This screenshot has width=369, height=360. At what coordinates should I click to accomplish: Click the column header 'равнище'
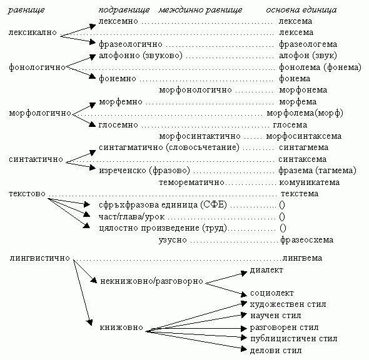click(26, 11)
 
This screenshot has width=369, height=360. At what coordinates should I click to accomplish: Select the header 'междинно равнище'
click(200, 10)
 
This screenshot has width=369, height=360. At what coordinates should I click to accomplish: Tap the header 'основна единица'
click(301, 10)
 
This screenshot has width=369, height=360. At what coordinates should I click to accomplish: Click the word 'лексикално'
click(33, 32)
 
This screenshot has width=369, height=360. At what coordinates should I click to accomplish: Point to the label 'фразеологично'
click(131, 44)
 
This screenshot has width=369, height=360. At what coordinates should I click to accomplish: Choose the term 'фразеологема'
click(308, 44)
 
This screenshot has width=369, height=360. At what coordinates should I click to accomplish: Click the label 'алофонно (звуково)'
click(141, 56)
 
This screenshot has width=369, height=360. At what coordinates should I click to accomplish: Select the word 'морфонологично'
click(195, 90)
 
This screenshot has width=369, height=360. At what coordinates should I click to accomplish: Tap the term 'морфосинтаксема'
click(304, 136)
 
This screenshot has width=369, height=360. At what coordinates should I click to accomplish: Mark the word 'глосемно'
click(118, 125)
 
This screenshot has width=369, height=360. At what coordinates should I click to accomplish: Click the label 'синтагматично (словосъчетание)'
click(169, 147)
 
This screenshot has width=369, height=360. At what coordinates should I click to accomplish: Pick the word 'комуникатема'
click(310, 182)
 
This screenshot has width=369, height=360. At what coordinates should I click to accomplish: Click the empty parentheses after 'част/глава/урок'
click(282, 217)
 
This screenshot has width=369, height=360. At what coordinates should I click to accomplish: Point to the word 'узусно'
click(173, 240)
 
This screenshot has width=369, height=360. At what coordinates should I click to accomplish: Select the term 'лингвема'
click(302, 258)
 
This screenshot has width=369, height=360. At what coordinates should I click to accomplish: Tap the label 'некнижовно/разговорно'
click(151, 281)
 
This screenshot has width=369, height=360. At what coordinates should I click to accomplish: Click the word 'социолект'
click(272, 293)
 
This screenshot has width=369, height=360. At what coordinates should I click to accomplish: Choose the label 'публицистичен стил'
click(294, 339)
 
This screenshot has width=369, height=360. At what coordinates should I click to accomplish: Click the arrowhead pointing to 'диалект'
click(244, 274)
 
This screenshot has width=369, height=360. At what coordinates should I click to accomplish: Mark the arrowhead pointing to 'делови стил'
click(244, 349)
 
